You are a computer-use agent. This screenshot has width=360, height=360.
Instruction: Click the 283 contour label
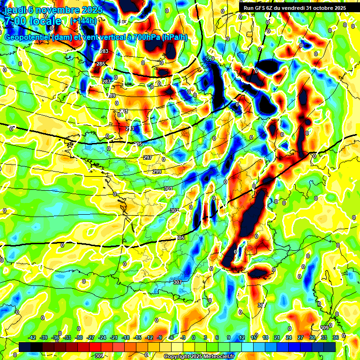coord(104,51)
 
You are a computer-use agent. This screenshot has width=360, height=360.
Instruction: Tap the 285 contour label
coord(101,64)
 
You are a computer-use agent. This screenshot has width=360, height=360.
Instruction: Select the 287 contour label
coord(106,82)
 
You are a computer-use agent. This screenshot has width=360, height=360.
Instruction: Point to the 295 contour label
coord(138,144)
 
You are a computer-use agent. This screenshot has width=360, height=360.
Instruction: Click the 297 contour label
coord(148,157)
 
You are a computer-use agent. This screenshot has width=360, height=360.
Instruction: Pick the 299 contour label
coord(157,172)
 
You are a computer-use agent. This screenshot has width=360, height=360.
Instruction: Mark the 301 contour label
coord(168,188)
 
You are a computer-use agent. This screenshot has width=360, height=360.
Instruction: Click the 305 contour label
coord(180,238)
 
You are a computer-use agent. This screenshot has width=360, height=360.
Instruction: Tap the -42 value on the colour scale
coord(32,337)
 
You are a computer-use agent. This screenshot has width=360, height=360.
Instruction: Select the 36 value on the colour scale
coord(336,337)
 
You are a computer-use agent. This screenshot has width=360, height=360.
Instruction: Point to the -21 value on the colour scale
coord(114,337)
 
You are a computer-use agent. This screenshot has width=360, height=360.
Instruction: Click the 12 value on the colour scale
coord(242,337)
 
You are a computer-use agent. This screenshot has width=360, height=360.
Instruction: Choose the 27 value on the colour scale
coord(300,337)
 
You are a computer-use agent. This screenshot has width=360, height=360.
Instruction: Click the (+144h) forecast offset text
coord(83,21)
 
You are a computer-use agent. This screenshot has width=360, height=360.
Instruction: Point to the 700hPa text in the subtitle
coord(146,37)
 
